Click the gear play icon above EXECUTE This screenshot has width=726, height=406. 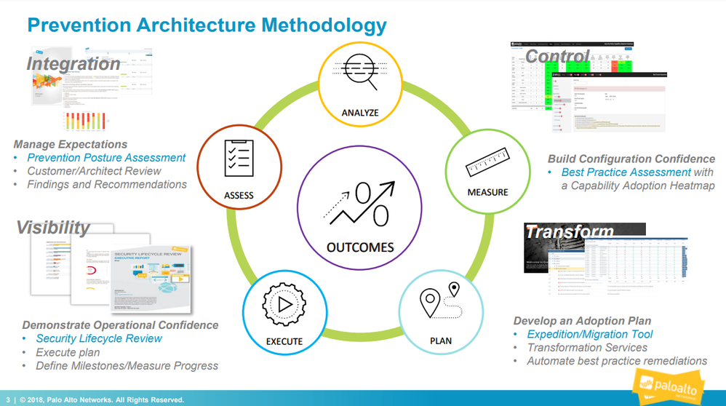tap(284, 303)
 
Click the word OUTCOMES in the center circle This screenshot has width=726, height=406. tap(360, 247)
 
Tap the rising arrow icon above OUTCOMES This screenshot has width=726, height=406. tap(360, 204)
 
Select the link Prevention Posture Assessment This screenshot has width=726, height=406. tap(106, 158)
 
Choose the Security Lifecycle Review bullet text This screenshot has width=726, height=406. tap(99, 338)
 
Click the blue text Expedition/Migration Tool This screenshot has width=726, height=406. tap(590, 334)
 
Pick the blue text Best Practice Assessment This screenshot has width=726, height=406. tap(626, 172)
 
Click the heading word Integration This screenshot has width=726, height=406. tap(73, 63)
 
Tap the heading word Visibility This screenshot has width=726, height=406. tap(53, 227)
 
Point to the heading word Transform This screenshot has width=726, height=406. tap(570, 232)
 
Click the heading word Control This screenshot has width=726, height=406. tap(557, 56)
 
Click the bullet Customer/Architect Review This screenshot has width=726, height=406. tap(95, 171)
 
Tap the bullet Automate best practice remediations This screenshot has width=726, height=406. tap(617, 361)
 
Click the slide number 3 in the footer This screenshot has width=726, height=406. tap(8, 399)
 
